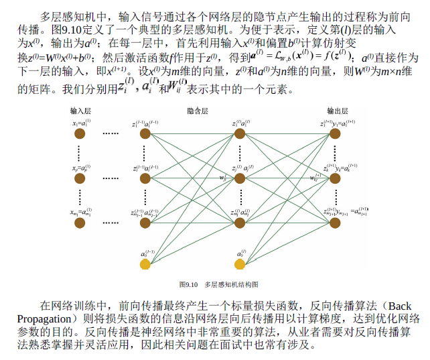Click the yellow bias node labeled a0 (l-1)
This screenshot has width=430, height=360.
point(145,264)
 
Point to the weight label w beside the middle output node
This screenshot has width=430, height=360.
point(313,178)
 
